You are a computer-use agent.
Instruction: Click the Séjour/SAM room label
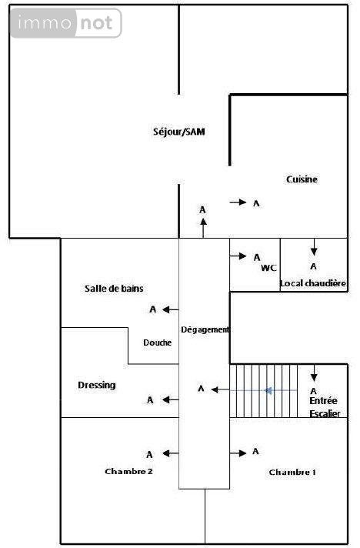(x=179, y=132)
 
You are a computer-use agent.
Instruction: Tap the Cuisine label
(x=302, y=179)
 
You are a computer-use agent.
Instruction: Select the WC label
(x=268, y=268)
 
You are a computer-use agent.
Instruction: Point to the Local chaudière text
(x=313, y=283)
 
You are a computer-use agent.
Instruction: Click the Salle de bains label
(x=114, y=289)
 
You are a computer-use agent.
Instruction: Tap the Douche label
(x=158, y=342)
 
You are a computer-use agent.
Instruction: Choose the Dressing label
(x=97, y=385)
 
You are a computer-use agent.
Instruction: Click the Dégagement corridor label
(x=205, y=329)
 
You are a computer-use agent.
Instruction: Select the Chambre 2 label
(x=128, y=471)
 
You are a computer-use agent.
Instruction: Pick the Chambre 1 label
(x=292, y=472)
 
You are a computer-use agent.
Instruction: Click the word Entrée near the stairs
(x=323, y=400)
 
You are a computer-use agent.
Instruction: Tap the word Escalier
(x=325, y=413)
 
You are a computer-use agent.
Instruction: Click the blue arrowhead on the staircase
(x=268, y=390)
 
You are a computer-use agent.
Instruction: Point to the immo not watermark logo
(x=66, y=23)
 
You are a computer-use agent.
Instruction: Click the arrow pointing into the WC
(x=238, y=256)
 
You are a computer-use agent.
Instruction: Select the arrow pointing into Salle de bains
(x=171, y=309)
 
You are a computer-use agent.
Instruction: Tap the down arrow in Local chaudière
(x=314, y=247)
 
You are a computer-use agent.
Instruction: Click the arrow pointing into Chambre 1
(x=238, y=453)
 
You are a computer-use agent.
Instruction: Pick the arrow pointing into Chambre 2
(x=171, y=453)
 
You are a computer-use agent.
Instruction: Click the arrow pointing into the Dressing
(x=171, y=399)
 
